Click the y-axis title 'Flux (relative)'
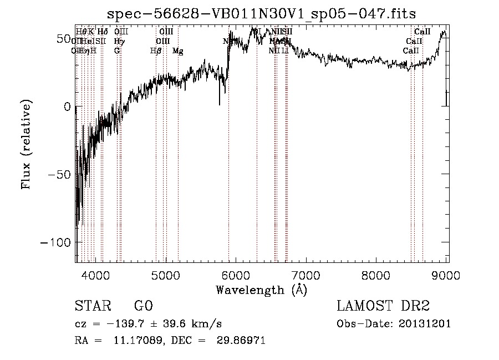tap(26, 144)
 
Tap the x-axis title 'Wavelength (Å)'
tap(261, 290)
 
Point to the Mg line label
tap(178, 50)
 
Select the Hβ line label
tap(156, 50)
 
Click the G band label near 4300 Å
tap(117, 50)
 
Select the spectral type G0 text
tap(143, 306)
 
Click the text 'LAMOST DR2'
tap(383, 306)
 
